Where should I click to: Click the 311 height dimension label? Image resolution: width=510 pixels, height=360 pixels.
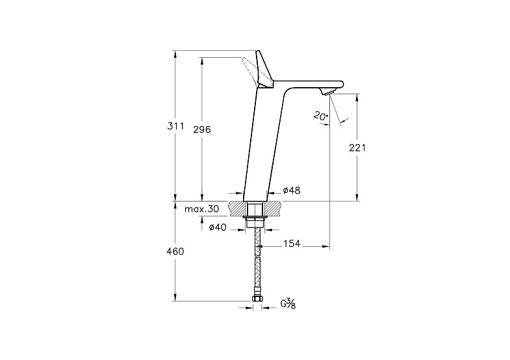click(175, 126)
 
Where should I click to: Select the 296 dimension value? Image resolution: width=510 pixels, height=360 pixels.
click(202, 129)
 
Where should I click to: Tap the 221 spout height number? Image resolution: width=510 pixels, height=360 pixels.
click(357, 148)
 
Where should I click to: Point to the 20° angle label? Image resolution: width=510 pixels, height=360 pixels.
click(321, 116)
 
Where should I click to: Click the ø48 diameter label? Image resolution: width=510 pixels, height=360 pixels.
click(292, 190)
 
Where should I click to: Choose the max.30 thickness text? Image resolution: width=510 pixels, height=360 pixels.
click(201, 209)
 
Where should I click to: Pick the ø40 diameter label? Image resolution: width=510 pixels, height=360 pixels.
click(218, 227)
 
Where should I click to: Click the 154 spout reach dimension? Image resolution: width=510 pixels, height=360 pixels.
click(292, 243)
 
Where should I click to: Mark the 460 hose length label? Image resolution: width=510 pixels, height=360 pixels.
click(175, 251)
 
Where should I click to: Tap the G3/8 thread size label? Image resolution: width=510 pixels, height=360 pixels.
click(288, 303)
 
